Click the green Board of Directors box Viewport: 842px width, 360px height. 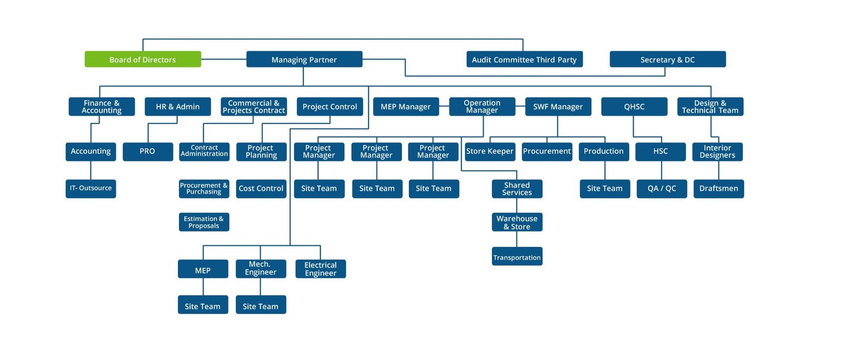coord(143,59)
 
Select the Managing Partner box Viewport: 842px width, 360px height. coord(304,59)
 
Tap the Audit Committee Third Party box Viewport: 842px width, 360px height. coord(524,59)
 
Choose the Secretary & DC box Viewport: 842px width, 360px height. coord(667,59)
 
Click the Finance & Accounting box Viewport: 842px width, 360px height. coord(102,106)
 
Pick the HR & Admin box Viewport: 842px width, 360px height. coord(177,106)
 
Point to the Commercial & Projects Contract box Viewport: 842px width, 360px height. coord(254,106)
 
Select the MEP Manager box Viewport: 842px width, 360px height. coord(405,106)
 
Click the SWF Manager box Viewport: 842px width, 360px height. coord(558,106)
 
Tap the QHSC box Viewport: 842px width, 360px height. coord(634,106)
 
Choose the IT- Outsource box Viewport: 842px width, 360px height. coord(91,188)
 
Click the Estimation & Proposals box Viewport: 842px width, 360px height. coord(204,222)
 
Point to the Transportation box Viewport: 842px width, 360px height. coord(517,257)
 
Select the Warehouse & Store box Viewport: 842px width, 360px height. coord(517,222)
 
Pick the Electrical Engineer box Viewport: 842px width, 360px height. coord(320,269)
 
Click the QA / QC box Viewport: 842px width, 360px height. coord(661,188)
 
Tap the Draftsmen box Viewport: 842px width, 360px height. coord(718,188)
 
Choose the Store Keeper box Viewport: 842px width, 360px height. coord(489,152)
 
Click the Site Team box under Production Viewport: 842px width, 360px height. coord(605,188)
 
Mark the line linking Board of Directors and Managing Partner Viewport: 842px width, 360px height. coord(224,59)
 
